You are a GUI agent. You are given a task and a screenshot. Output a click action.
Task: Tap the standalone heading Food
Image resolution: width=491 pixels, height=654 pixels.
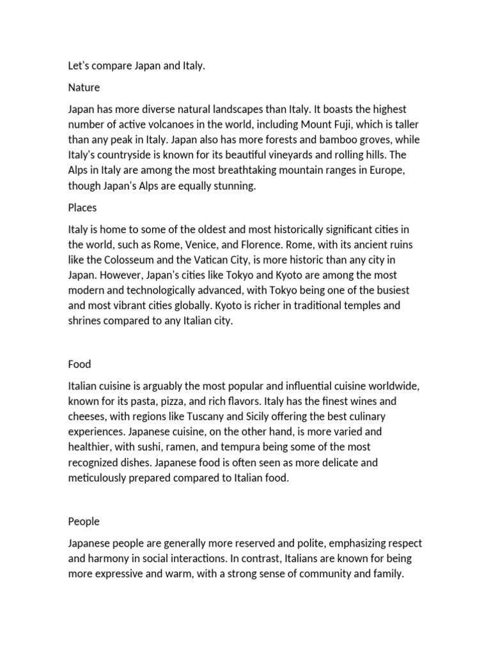pyautogui.click(x=80, y=364)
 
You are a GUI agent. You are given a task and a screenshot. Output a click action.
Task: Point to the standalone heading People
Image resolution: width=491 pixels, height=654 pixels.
pyautogui.click(x=84, y=521)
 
